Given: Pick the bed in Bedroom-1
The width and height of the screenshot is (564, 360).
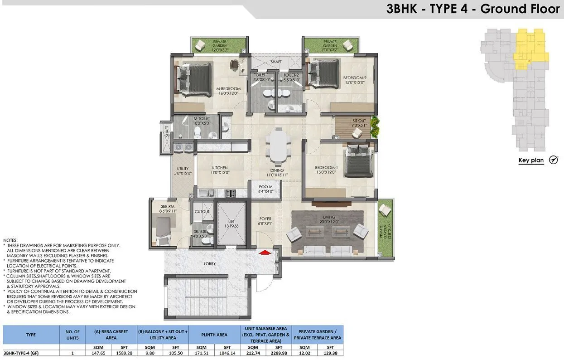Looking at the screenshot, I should click(x=360, y=162).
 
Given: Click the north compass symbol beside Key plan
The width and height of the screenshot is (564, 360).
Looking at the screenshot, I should click(x=553, y=160).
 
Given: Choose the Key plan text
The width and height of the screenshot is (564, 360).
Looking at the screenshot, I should click(x=531, y=161).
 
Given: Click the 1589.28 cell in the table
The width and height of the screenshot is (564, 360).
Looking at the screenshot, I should click(x=122, y=352).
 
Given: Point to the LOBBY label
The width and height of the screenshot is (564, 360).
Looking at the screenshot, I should click(x=210, y=263).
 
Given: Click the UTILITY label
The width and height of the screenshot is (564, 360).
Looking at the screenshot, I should click(x=183, y=170).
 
